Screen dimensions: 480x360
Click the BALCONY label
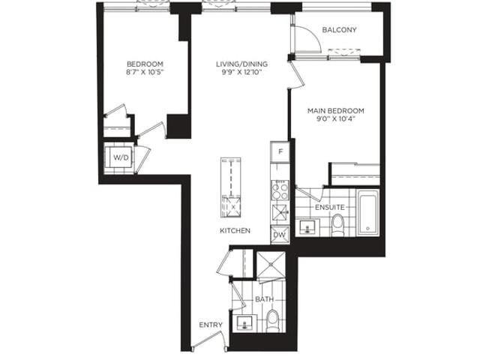tap(339, 30)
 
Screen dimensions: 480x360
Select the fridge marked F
tap(280, 151)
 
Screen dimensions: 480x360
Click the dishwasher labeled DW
tap(280, 235)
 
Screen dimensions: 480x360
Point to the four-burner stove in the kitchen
tap(280, 190)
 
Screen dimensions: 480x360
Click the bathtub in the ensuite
tap(368, 212)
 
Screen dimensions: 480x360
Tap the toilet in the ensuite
tap(338, 225)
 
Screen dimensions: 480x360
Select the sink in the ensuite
tap(307, 227)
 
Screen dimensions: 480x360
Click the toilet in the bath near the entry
tap(272, 321)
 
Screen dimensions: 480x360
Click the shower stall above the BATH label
tap(271, 265)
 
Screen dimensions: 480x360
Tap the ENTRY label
tap(211, 325)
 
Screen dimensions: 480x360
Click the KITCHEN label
tap(235, 230)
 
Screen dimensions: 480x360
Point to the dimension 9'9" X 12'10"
tap(241, 73)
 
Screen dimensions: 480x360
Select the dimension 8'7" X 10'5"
tap(145, 73)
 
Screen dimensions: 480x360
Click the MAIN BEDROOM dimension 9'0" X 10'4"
tap(335, 118)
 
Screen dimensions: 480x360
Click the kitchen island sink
tap(231, 207)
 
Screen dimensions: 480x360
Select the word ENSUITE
tap(330, 207)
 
